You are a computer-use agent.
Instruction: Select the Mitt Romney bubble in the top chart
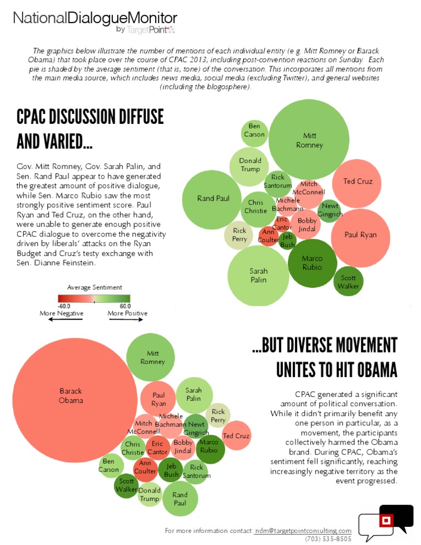point(309,140)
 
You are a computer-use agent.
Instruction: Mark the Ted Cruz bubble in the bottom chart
point(236,436)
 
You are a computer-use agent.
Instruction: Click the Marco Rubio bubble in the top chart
point(312,263)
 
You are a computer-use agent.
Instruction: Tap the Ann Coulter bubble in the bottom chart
point(145,467)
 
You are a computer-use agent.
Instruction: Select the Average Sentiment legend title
point(94,287)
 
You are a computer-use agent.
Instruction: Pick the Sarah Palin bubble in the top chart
point(258,275)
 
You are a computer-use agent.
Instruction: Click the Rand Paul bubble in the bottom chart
point(180,499)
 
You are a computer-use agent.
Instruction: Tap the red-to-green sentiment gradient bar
point(94,298)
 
